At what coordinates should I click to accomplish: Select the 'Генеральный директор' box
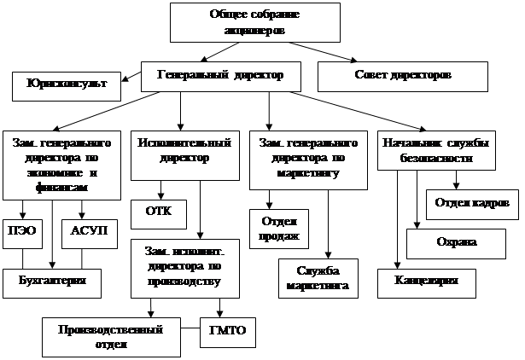219,76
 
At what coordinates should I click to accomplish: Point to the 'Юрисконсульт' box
66,85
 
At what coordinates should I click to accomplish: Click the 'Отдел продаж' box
277,227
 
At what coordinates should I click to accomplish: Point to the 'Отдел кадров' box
471,203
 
